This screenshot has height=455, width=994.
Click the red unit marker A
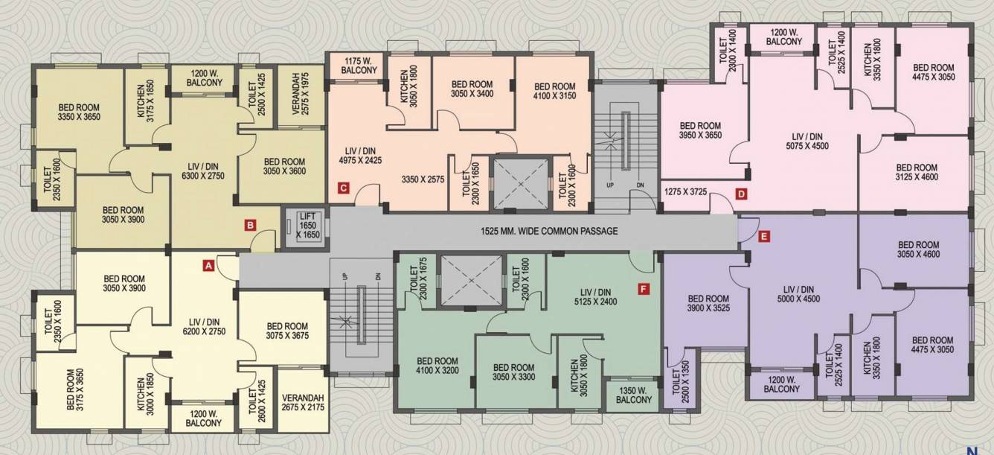point(210,264)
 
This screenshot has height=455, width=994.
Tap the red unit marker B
point(251,224)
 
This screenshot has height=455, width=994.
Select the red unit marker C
point(343,187)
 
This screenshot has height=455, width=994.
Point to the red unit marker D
point(741,194)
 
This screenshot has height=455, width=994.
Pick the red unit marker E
point(764,238)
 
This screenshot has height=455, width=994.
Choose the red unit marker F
point(644,287)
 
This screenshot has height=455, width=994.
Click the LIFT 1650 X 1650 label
point(308,224)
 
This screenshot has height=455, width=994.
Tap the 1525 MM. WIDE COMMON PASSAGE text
point(549,232)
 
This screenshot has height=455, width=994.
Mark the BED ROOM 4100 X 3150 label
point(554,92)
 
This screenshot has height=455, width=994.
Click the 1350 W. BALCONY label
point(633,395)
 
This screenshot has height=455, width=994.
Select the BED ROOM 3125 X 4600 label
point(917,172)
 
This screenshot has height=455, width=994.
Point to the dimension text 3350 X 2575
point(423,179)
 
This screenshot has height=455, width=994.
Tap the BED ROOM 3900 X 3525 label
point(708,304)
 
